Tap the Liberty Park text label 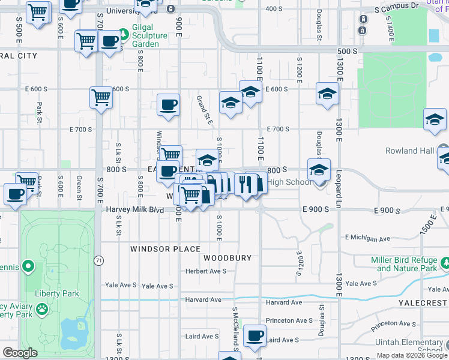coord(57,294)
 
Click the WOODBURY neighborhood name coord(227,258)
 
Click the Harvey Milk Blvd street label coord(136,209)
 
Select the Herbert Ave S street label coord(205,271)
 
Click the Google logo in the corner coord(20,353)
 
